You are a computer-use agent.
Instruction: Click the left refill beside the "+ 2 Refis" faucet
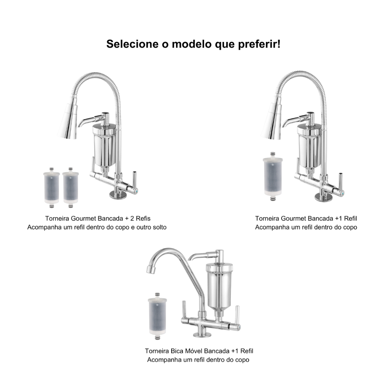(x=51, y=187)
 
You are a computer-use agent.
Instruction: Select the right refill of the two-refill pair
(x=71, y=187)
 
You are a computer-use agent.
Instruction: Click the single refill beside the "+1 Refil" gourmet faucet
(x=272, y=176)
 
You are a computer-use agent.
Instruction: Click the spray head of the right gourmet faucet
(x=271, y=122)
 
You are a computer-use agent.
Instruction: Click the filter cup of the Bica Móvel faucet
(x=219, y=287)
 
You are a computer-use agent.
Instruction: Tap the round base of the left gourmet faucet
(x=118, y=195)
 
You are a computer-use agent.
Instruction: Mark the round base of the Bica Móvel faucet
(x=202, y=334)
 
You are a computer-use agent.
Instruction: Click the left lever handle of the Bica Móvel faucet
(x=184, y=310)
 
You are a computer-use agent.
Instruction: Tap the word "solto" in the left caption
(x=159, y=227)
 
